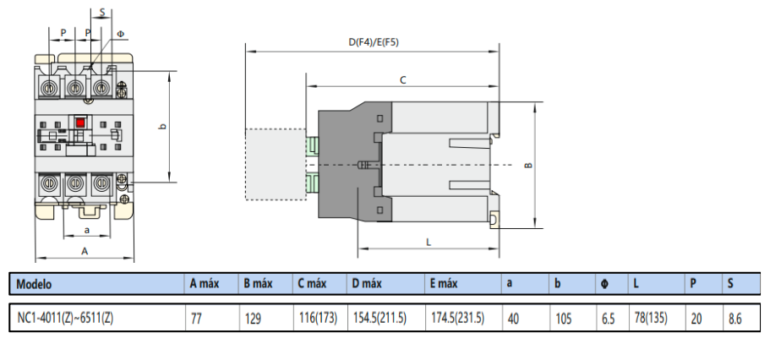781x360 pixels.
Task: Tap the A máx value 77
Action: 196,319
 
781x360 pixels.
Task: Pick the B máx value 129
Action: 252,319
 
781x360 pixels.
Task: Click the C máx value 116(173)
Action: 318,319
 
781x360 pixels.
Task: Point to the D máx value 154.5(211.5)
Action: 379,319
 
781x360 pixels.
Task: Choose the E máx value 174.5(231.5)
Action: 456,319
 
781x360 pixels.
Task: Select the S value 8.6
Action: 735,319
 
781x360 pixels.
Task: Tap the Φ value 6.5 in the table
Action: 608,319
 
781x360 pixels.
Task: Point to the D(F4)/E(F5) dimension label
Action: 373,42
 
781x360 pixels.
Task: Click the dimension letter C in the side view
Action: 403,80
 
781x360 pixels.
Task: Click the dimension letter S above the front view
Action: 101,14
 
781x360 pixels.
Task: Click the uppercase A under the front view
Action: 85,251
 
